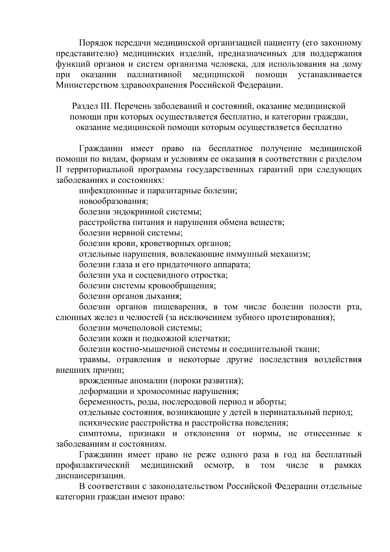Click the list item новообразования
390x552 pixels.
point(113,201)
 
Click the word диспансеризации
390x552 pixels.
point(90,476)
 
